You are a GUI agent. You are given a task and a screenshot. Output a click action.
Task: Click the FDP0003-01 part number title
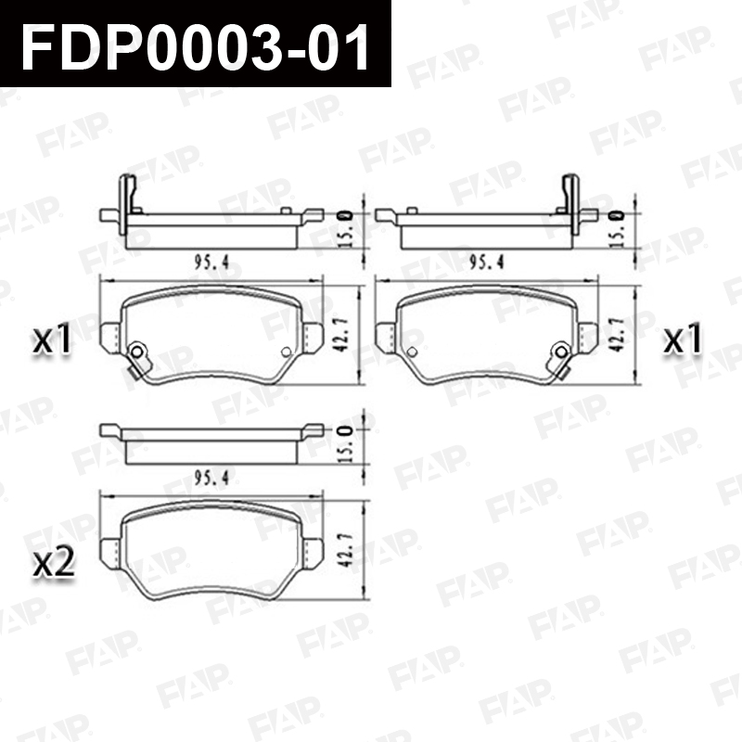pos(195,46)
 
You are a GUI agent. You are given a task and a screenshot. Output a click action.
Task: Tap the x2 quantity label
pos(54,563)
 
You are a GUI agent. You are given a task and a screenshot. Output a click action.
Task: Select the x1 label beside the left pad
pos(52,339)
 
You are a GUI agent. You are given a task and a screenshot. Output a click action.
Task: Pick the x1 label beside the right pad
pos(683,339)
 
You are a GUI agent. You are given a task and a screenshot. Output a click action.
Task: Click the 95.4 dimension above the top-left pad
pos(211,262)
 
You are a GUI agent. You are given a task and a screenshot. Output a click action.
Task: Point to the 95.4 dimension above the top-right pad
pos(486,262)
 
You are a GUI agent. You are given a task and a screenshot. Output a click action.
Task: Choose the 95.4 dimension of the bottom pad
pos(211,478)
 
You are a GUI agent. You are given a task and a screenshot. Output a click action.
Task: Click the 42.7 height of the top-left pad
pos(341,335)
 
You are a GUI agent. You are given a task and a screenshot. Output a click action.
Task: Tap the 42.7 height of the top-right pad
pos(616,335)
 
